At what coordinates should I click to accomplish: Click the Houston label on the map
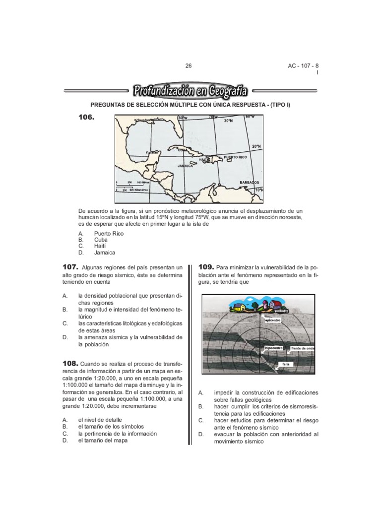(x=143, y=120)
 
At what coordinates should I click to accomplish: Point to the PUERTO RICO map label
(x=235, y=157)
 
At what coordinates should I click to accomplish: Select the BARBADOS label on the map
(x=249, y=182)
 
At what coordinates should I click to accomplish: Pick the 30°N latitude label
(x=228, y=121)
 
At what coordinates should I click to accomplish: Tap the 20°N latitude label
(x=256, y=147)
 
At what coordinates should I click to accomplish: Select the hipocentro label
(x=274, y=348)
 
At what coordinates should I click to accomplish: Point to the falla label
(x=285, y=364)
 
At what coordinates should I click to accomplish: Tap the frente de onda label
(x=303, y=348)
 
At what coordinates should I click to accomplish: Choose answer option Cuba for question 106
(x=101, y=239)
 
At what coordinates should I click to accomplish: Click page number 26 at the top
(x=188, y=66)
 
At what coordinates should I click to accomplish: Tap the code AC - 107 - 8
(x=304, y=66)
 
